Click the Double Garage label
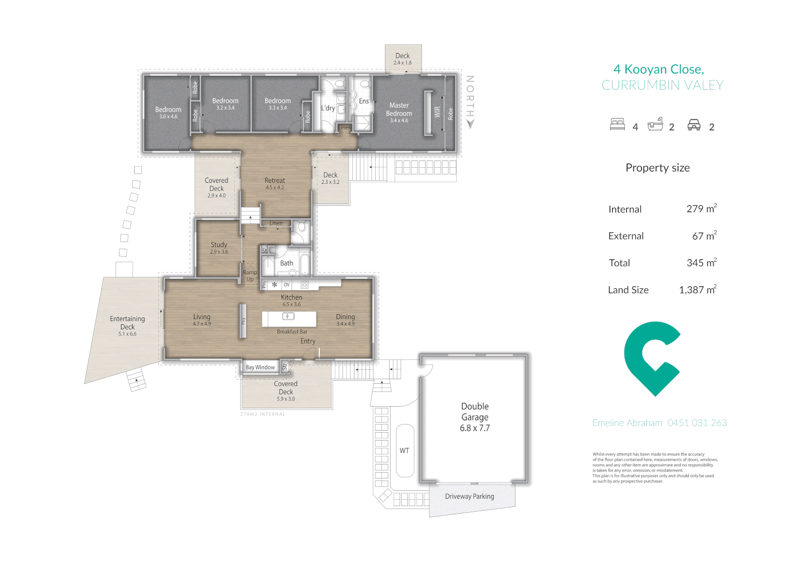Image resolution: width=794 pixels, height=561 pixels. (474, 417)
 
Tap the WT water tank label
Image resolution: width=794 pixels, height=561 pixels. (404, 450)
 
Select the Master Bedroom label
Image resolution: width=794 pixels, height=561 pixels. (399, 110)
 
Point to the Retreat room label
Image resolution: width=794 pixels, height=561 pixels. (274, 181)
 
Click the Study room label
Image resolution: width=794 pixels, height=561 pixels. (219, 245)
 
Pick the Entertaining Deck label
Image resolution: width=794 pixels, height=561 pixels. (127, 323)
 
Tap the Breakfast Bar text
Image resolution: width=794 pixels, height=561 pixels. (292, 332)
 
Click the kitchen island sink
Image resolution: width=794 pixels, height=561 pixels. (288, 316)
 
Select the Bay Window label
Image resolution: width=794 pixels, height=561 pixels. (260, 367)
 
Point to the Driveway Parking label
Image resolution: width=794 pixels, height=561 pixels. (469, 497)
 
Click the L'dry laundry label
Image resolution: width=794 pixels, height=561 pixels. (328, 108)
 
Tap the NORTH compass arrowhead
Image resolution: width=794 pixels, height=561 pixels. (470, 124)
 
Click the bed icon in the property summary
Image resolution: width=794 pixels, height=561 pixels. (617, 125)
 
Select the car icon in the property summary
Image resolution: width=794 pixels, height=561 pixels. (694, 125)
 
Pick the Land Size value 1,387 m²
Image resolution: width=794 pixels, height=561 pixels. (697, 290)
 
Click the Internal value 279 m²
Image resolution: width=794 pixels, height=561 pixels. (701, 209)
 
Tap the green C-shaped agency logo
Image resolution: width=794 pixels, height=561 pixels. (652, 358)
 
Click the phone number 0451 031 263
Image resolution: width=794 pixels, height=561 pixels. (697, 423)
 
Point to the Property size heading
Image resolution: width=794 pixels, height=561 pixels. (657, 168)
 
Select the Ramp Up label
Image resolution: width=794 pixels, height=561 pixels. (250, 276)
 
